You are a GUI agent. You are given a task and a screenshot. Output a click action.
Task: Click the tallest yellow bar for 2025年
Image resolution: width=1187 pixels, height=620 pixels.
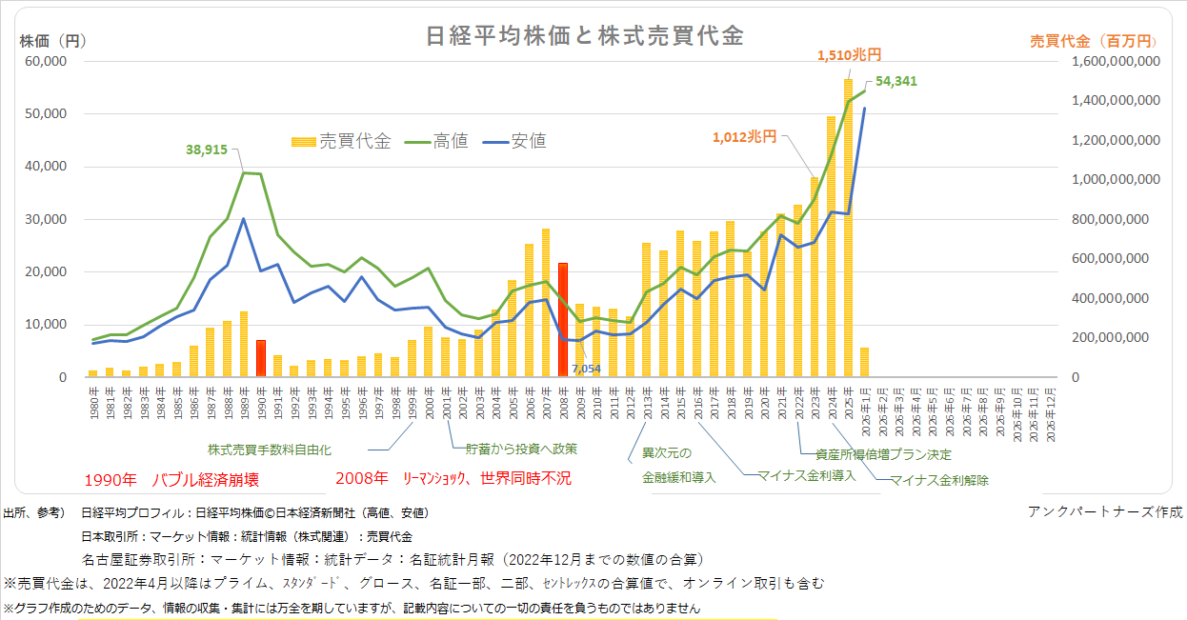(848, 229)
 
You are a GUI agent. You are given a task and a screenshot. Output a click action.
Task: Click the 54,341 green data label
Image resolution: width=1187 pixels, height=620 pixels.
(895, 81)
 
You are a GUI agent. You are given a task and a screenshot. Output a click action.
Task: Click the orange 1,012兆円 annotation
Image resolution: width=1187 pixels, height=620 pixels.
(744, 136)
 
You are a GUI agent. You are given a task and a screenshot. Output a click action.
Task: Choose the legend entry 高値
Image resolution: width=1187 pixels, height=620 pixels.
(451, 141)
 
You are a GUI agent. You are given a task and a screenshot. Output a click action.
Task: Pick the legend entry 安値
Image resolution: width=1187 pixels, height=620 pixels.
(529, 141)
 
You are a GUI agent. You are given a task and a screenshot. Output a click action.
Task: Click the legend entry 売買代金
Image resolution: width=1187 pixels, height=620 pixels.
(354, 141)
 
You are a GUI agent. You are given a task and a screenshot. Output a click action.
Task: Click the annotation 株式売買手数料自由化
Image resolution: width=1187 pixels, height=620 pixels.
(270, 448)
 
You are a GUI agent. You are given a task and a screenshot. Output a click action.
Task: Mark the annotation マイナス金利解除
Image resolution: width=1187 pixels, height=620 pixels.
(938, 481)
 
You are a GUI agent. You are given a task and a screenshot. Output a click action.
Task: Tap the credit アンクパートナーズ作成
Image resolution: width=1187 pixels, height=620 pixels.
(1105, 511)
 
